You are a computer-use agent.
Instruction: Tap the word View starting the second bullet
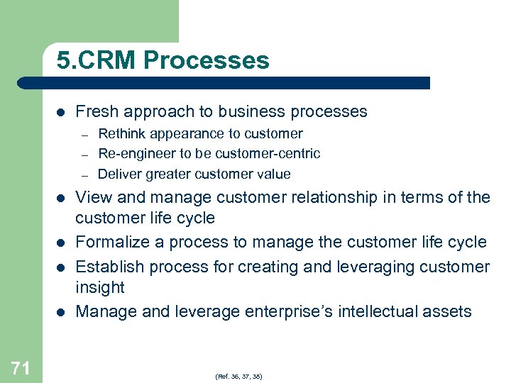point(92,197)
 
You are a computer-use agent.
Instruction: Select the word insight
point(100,287)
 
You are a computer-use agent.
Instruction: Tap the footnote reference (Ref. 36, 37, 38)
point(238,376)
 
